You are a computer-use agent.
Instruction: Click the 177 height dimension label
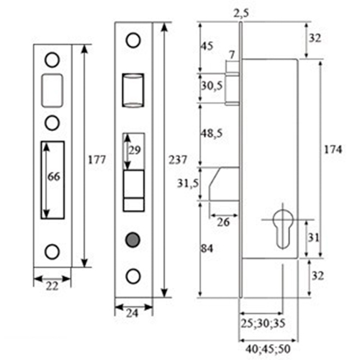click(x=96, y=160)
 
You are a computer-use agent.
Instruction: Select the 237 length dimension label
click(x=178, y=160)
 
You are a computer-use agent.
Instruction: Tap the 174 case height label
click(x=333, y=150)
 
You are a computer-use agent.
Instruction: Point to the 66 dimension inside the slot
click(x=54, y=177)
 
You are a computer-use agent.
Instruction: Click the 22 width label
click(x=52, y=286)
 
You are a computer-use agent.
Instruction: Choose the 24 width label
click(x=132, y=313)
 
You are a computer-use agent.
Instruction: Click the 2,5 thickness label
click(x=241, y=14)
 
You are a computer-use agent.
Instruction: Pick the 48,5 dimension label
click(x=212, y=133)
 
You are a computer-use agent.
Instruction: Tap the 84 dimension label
click(x=207, y=248)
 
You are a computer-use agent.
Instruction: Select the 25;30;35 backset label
click(x=263, y=323)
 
